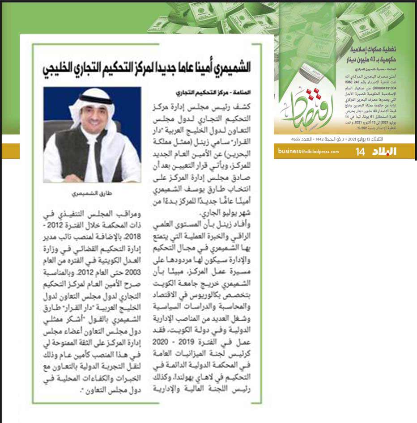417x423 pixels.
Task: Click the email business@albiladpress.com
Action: [308, 151]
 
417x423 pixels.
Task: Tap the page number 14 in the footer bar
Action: [361, 152]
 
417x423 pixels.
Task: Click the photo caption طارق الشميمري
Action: [92, 194]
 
